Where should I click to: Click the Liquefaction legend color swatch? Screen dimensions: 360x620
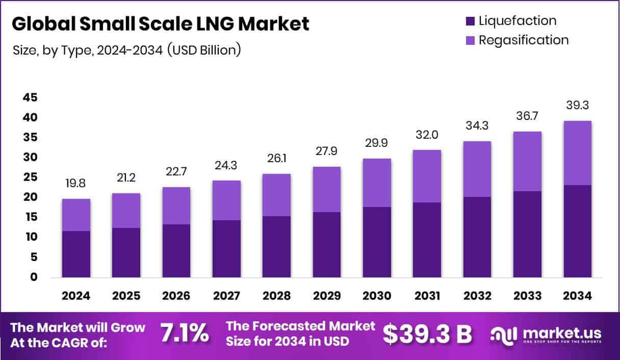pyautogui.click(x=470, y=21)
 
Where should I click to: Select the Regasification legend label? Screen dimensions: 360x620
pyautogui.click(x=523, y=40)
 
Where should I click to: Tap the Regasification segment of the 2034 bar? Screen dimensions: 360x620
pyautogui.click(x=578, y=153)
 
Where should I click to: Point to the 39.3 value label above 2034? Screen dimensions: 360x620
pyautogui.click(x=578, y=106)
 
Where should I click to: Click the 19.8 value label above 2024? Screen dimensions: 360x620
pyautogui.click(x=76, y=184)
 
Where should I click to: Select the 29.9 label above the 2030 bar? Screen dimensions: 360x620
pyautogui.click(x=377, y=143)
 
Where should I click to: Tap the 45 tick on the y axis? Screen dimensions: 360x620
pyautogui.click(x=30, y=97)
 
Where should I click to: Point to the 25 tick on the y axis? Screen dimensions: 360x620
pyautogui.click(x=30, y=177)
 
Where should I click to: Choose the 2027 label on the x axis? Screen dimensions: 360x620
pyautogui.click(x=226, y=296)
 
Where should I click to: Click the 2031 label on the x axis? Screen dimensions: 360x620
pyautogui.click(x=427, y=296)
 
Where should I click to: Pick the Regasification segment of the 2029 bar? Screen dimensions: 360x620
pyautogui.click(x=327, y=189)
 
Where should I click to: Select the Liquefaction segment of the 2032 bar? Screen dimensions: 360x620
pyautogui.click(x=477, y=237)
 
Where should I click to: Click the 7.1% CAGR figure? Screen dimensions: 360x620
pyautogui.click(x=185, y=333)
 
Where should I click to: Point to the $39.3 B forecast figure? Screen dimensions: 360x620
pyautogui.click(x=427, y=334)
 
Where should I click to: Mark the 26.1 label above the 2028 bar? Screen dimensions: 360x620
pyautogui.click(x=277, y=159)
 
